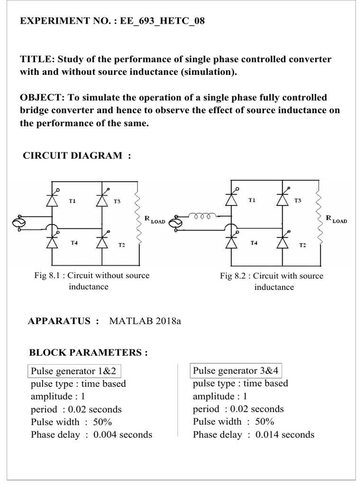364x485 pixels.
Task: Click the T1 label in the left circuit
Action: pos(72,201)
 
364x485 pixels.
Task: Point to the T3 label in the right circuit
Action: pos(297,201)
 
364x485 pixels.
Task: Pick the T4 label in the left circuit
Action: pos(74,242)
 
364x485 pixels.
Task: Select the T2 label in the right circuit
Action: pos(302,245)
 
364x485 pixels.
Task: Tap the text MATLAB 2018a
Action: pos(146,321)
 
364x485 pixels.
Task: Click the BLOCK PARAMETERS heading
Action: pos(89,353)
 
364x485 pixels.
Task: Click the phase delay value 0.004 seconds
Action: pos(123,434)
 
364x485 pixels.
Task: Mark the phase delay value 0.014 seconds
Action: pos(285,434)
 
